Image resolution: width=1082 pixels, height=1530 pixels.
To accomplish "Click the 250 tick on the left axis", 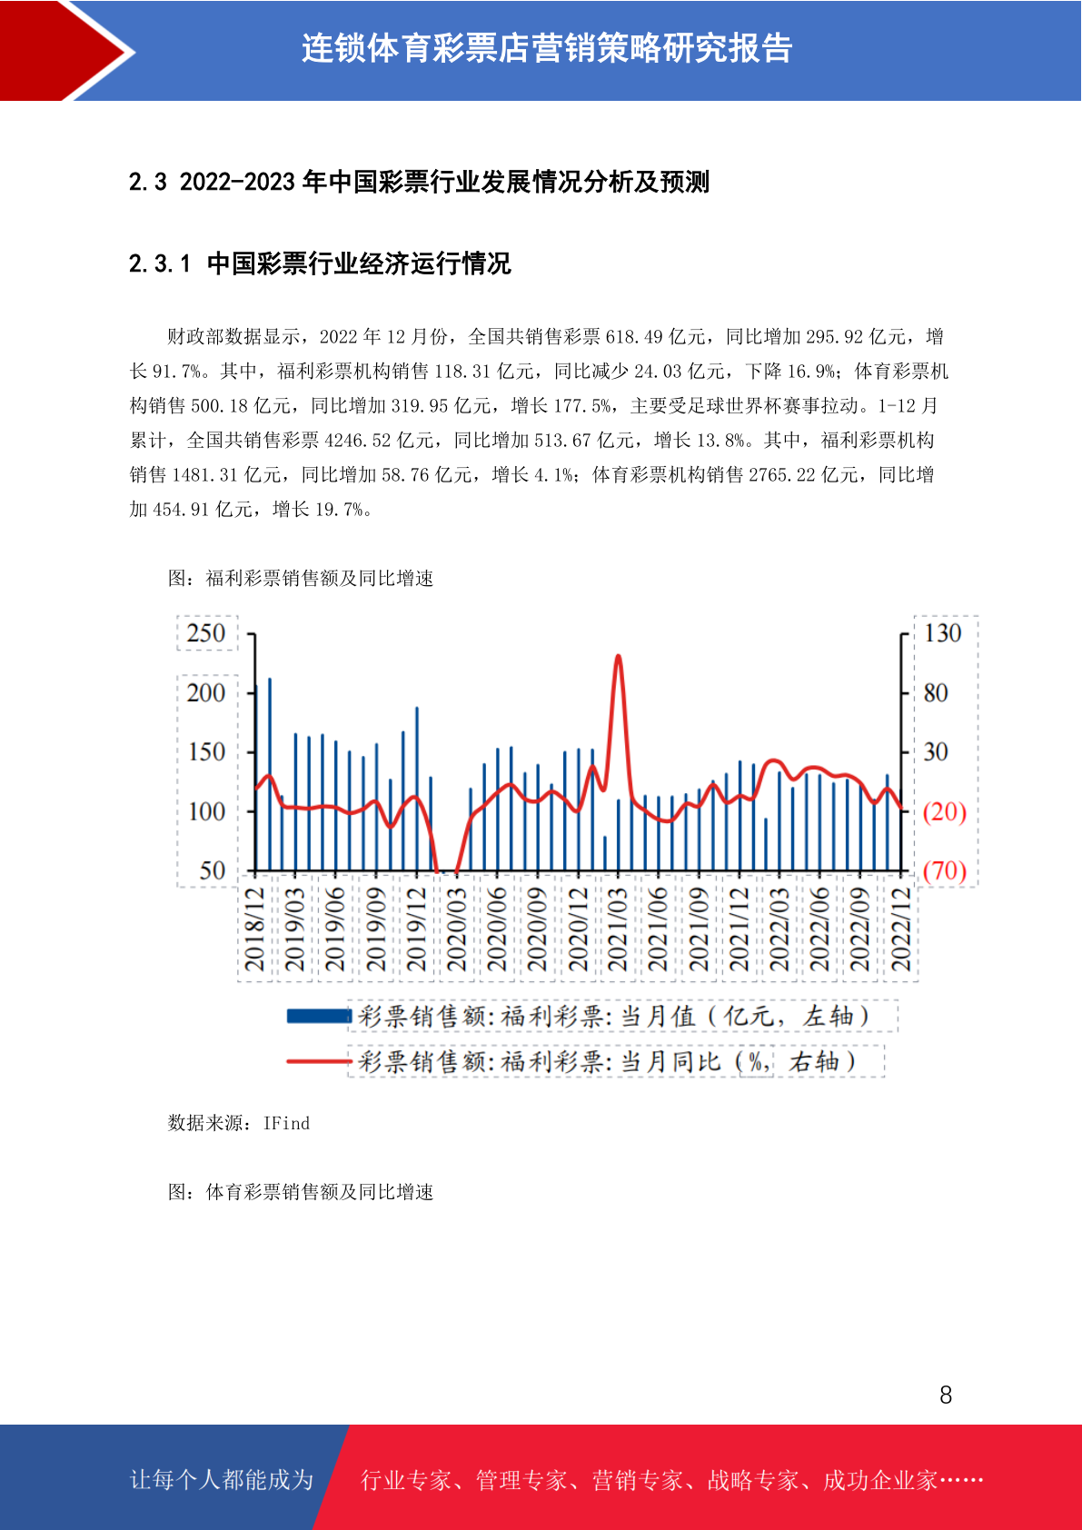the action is coord(205,633).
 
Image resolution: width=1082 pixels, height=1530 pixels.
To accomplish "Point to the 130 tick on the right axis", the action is coord(943,633).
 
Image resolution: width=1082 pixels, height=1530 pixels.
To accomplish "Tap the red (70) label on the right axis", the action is coord(945,871).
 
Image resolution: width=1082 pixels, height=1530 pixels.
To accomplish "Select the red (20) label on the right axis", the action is coord(945,811).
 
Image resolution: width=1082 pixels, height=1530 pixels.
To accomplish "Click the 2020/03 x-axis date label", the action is coord(456,929).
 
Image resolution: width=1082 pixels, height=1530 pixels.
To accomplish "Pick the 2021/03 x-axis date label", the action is coord(618,929).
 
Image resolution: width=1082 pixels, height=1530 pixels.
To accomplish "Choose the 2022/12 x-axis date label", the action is coord(901,929).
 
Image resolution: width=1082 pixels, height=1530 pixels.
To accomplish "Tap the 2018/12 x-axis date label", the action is coord(254,929).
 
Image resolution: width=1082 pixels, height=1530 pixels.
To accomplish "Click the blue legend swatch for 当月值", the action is coord(319,1017).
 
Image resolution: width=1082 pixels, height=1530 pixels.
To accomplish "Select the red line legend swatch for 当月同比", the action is coord(319,1061).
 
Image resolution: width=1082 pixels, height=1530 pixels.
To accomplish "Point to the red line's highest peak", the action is coord(618,656).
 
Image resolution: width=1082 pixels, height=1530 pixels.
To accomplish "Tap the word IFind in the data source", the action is coord(286,1124).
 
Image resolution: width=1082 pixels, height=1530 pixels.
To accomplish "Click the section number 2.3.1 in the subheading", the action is coord(160,263).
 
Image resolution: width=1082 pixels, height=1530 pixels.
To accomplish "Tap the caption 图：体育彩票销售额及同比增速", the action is coord(301,1193).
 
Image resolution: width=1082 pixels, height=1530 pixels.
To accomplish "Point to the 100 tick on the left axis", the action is coord(205,811).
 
